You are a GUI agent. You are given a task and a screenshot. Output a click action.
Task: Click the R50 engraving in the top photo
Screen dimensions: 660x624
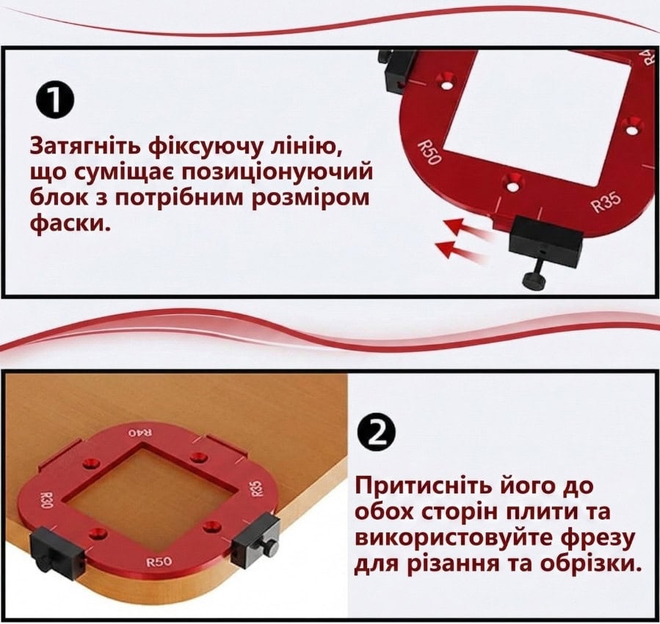[x=429, y=153]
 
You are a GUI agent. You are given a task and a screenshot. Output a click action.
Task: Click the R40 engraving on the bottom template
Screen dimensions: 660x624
[x=141, y=433]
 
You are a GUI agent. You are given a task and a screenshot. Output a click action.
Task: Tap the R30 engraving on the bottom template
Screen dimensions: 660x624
[x=46, y=500]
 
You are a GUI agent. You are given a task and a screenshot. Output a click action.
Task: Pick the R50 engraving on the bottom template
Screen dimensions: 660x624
[x=159, y=561]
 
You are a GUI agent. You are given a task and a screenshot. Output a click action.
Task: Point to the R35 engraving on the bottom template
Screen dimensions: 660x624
[x=257, y=488]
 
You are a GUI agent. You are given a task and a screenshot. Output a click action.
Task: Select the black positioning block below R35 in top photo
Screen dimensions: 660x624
[x=546, y=241]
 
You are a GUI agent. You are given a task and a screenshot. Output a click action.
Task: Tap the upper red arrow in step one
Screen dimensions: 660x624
[x=468, y=230]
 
